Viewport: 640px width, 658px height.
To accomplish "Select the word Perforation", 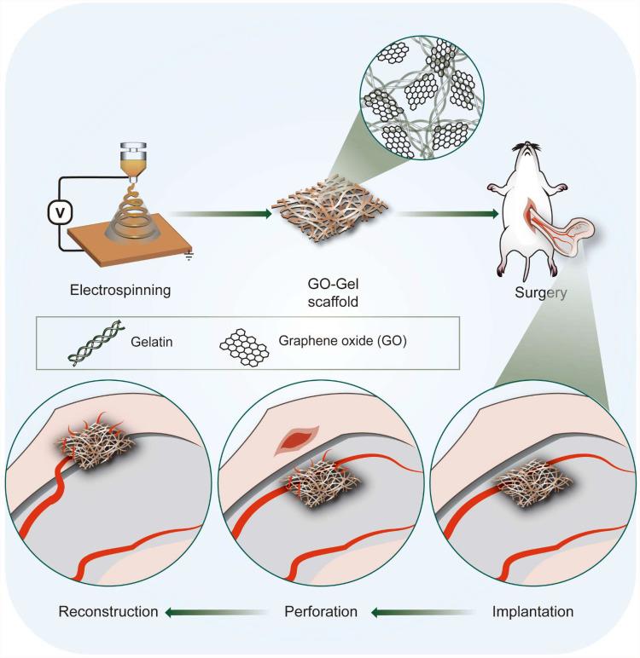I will pos(320,611).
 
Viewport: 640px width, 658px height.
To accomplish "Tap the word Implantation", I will pos(533,611).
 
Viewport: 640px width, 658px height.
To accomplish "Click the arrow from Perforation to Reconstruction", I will pos(212,611).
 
